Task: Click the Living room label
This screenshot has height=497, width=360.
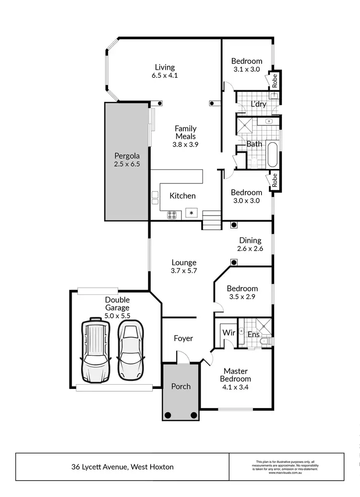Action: (x=165, y=67)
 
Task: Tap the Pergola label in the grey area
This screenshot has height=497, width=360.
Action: (x=127, y=156)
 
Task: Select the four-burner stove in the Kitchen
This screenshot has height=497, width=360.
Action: (x=172, y=215)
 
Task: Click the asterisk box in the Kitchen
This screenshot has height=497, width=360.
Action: (x=192, y=213)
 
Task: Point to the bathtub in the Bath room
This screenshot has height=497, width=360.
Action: (x=272, y=155)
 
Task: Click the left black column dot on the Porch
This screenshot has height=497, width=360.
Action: (x=168, y=415)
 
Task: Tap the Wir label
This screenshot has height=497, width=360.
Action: (x=227, y=332)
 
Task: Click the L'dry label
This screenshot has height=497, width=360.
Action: (x=258, y=104)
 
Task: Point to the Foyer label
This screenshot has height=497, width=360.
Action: (x=183, y=339)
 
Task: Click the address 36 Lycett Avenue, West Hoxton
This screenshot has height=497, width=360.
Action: (x=122, y=467)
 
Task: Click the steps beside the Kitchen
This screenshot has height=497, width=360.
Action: (x=211, y=221)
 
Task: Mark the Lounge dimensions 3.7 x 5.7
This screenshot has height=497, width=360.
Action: (x=184, y=271)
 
